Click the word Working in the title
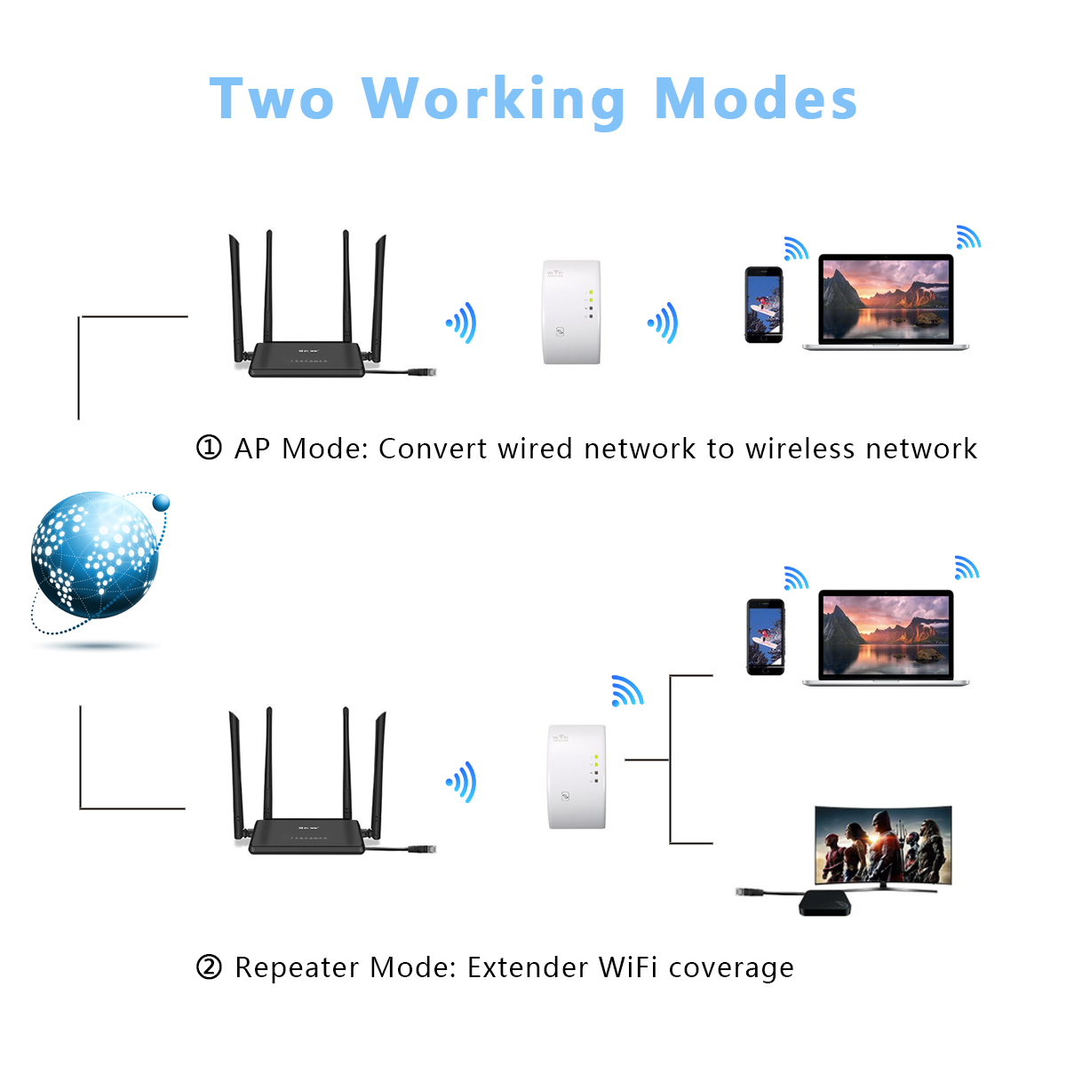494,99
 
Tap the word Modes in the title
755,99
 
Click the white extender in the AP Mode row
572,312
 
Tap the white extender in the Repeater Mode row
577,776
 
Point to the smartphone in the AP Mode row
763,305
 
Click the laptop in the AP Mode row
886,302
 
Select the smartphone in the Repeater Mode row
765,637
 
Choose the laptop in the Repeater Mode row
886,637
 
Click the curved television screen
883,845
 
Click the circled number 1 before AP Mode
208,448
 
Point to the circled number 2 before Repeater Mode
208,967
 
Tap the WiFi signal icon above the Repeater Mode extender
626,691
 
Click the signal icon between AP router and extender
462,322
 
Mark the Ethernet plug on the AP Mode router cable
423,372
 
